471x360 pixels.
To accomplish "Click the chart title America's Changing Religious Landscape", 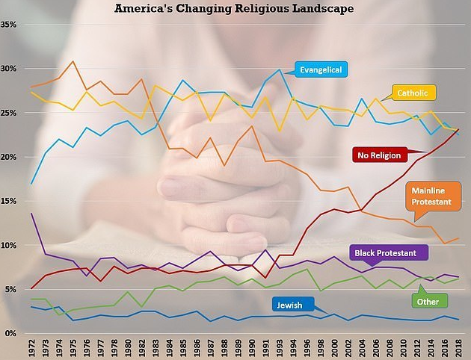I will [234, 9].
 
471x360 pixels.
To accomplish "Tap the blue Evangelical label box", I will [321, 69].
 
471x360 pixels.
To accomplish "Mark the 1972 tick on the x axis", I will [32, 348].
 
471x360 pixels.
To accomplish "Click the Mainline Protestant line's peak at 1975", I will [72, 62].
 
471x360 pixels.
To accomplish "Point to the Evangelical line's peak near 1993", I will [280, 69].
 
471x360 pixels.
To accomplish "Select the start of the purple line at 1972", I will [31, 214].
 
